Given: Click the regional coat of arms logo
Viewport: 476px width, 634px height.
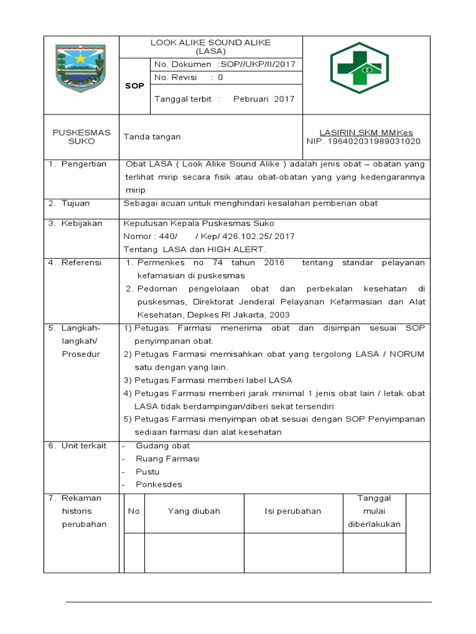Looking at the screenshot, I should point(82,67).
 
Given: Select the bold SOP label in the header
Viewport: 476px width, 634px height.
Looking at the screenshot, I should point(134,86).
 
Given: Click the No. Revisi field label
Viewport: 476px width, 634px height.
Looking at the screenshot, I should point(175,77).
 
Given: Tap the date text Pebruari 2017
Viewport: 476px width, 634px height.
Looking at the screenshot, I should point(263,98).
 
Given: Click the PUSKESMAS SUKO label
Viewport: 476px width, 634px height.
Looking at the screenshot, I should point(82,137).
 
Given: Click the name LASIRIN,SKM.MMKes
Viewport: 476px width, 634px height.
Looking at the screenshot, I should point(366,132).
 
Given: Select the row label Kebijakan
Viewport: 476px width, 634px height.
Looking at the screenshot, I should point(81,223).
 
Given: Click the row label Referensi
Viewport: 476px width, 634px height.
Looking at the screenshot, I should point(81,263).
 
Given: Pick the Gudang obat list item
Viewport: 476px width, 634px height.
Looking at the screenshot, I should point(163,446).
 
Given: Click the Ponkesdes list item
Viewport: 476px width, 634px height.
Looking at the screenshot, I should point(159,485).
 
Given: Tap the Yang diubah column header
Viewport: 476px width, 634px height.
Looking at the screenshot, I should point(194,511).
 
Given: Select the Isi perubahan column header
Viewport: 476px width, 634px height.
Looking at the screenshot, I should point(293,511).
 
